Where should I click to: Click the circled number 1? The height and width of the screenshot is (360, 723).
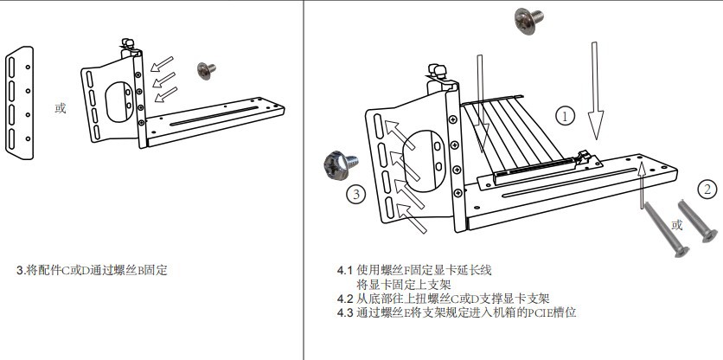[565, 115]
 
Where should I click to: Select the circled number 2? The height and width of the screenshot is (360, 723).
[707, 189]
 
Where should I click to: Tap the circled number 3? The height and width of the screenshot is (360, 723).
[355, 194]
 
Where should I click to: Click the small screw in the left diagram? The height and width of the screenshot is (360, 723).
[207, 71]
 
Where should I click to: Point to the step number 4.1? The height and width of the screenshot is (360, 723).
[345, 270]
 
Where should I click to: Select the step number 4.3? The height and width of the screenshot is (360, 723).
[345, 312]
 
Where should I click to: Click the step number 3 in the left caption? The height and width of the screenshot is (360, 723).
[21, 270]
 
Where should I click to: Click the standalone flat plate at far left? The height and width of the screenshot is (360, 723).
[19, 103]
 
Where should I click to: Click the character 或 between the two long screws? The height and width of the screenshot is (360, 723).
[677, 225]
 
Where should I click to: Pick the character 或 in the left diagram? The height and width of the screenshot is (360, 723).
[60, 108]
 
